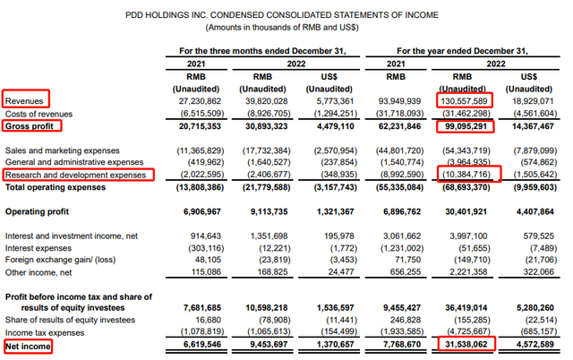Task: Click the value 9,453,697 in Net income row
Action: click(x=276, y=344)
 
